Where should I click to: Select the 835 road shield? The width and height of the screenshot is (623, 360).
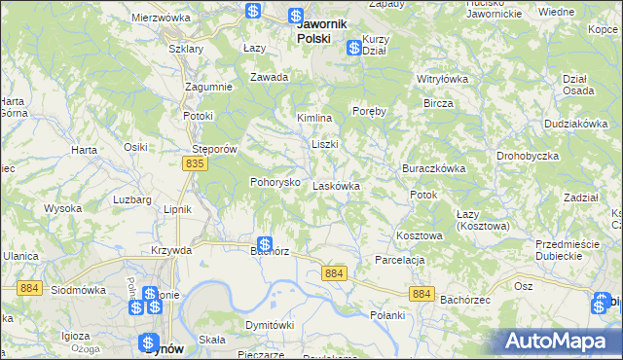click(195, 164)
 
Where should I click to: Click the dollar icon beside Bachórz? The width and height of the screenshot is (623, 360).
click(265, 245)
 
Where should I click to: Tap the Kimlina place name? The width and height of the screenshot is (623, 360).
click(314, 118)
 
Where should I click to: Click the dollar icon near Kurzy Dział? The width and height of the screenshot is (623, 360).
click(352, 45)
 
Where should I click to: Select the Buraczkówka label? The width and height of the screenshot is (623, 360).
click(433, 167)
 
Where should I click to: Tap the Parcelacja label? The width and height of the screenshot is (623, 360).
click(401, 260)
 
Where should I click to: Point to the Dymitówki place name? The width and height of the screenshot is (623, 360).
click(269, 325)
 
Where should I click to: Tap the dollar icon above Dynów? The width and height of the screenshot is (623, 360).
click(149, 342)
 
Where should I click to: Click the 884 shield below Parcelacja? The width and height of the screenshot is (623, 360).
click(421, 293)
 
